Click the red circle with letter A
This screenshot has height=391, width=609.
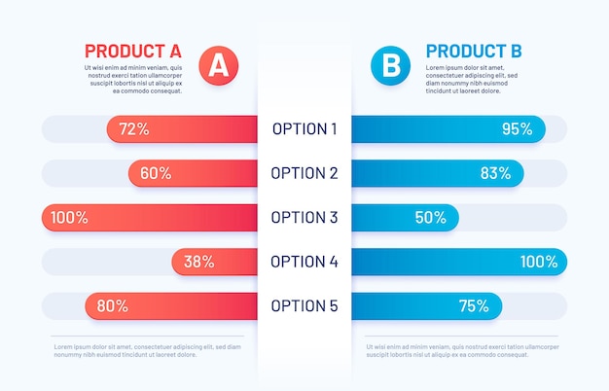(x=219, y=65)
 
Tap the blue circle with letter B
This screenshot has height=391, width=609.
(x=390, y=65)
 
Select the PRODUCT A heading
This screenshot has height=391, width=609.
(x=132, y=51)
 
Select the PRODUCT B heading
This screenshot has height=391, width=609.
(x=474, y=51)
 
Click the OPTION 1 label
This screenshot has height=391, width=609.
(x=304, y=128)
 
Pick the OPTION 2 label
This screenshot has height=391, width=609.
(x=304, y=173)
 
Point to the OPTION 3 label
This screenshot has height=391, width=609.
(x=304, y=217)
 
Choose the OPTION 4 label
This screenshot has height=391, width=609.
(x=304, y=262)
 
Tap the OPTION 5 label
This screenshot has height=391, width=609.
(x=304, y=305)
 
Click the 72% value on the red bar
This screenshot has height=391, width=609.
(x=133, y=128)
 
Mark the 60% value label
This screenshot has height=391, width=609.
(x=156, y=173)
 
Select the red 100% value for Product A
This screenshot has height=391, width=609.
(x=69, y=218)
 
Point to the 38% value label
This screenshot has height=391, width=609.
(x=199, y=262)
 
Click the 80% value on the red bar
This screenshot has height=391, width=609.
(x=112, y=306)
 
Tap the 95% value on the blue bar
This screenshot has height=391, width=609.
(x=517, y=128)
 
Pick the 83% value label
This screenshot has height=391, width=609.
(x=495, y=173)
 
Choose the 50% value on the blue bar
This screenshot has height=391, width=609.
(x=430, y=218)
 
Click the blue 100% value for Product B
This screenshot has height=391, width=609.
(x=539, y=262)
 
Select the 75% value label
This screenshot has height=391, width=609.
(x=474, y=306)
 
